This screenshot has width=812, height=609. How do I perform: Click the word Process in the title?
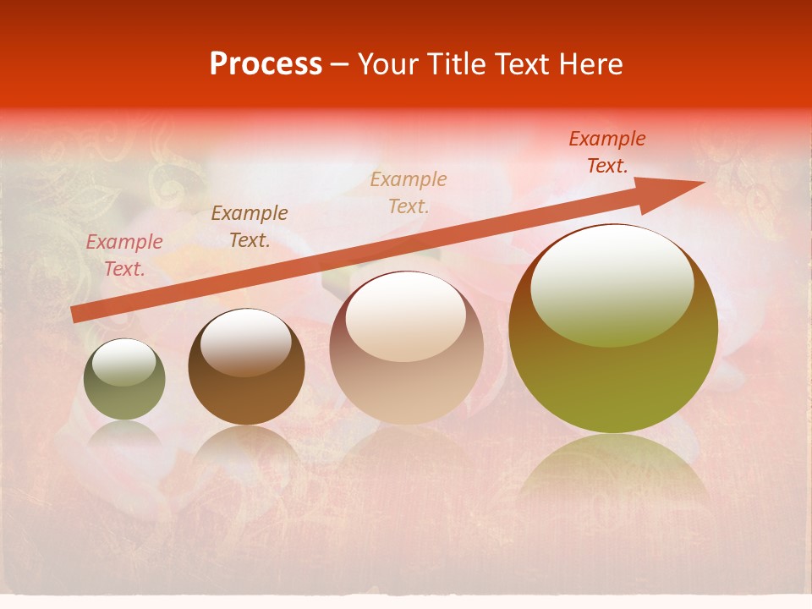tap(266, 64)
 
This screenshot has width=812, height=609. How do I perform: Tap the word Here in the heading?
tap(590, 64)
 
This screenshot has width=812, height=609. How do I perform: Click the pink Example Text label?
tap(124, 255)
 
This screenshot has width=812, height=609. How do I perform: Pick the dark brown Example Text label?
tap(250, 226)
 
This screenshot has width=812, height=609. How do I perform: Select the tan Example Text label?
tap(409, 192)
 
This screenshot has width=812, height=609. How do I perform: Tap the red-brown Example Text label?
tap(606, 152)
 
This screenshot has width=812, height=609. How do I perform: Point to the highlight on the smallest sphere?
tap(124, 363)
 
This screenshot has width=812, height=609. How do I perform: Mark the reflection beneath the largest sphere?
tap(613, 469)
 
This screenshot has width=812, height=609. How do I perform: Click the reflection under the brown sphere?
tap(246, 448)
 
